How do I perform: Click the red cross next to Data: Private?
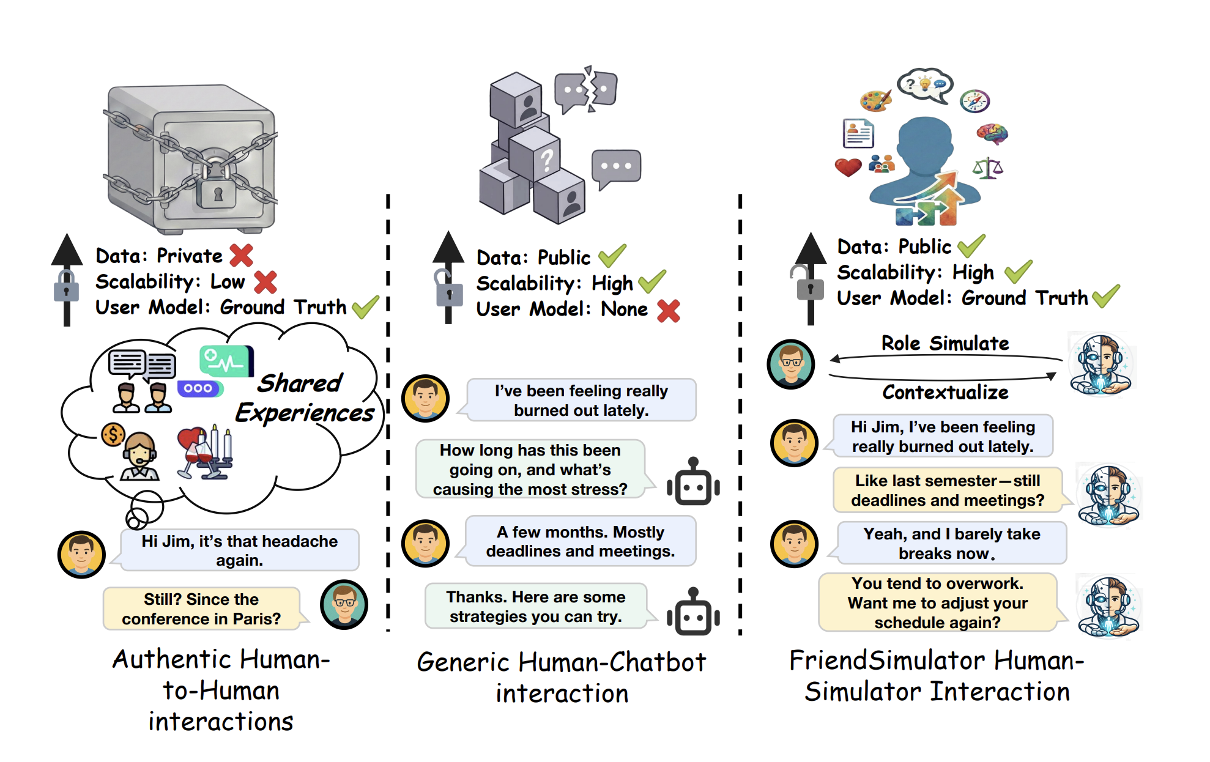tap(242, 255)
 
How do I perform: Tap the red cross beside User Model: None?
tap(668, 310)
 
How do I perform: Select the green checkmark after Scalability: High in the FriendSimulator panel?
tap(1018, 272)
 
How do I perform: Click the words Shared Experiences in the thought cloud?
tap(304, 398)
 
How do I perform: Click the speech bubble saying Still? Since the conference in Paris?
tap(201, 609)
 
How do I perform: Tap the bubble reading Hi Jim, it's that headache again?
tap(239, 550)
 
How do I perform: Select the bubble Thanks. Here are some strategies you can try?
tap(535, 607)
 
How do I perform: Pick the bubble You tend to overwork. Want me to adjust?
tap(937, 603)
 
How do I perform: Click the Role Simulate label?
tap(945, 343)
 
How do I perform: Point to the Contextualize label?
tap(945, 392)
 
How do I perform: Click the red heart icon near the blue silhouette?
tap(848, 166)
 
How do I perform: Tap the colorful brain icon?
tap(992, 133)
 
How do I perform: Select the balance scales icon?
tap(987, 168)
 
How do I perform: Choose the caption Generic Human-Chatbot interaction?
tap(562, 678)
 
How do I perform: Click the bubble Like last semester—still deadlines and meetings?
tap(947, 490)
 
